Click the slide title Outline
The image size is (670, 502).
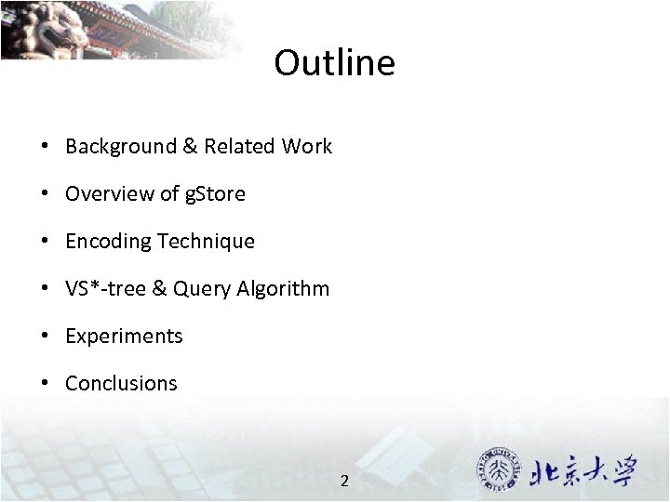pos(334,63)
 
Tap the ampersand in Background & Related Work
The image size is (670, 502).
pos(190,146)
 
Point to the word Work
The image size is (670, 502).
pos(307,146)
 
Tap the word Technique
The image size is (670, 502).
pos(206,241)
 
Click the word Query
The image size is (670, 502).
pos(200,289)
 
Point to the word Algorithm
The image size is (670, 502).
pos(282,289)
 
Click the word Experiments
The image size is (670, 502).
pos(124,337)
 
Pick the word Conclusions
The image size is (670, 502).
pos(121,383)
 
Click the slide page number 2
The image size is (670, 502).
pos(344,481)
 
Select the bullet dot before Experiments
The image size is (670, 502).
pos(44,337)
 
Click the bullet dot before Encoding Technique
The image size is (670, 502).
pos(44,242)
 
